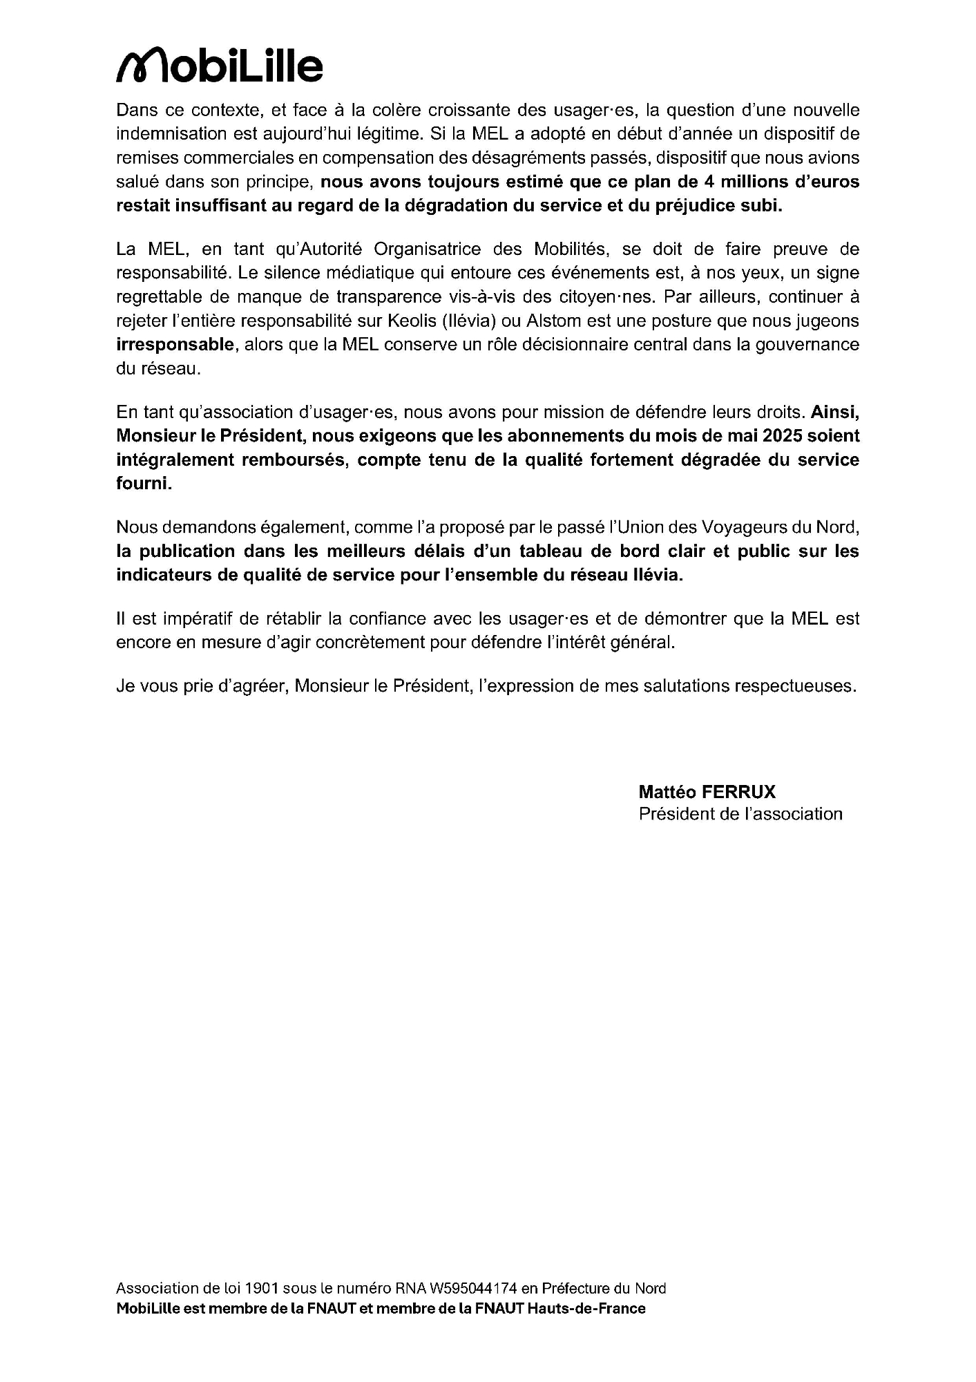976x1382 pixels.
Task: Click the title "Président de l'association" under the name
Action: (x=740, y=814)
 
